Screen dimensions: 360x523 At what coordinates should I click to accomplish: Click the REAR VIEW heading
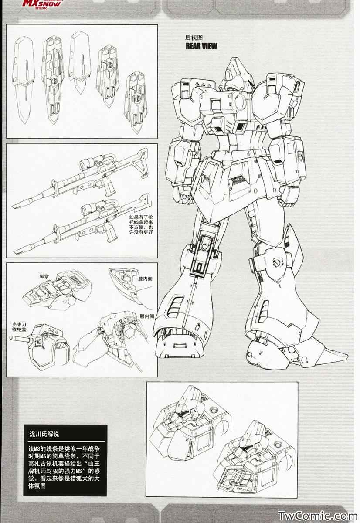pos(201,46)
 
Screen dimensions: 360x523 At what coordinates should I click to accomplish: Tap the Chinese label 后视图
pos(194,37)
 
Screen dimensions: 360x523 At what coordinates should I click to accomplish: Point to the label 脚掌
pos(44,277)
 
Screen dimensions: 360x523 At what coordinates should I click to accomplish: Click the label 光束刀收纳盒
pos(19,327)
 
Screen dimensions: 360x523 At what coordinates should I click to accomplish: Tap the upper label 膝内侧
pos(145,278)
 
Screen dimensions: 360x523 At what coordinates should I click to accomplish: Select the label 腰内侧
pos(147,316)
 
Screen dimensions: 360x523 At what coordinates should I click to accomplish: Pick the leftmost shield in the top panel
pos(24,79)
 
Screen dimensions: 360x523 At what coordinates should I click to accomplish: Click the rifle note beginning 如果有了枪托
pos(141,224)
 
